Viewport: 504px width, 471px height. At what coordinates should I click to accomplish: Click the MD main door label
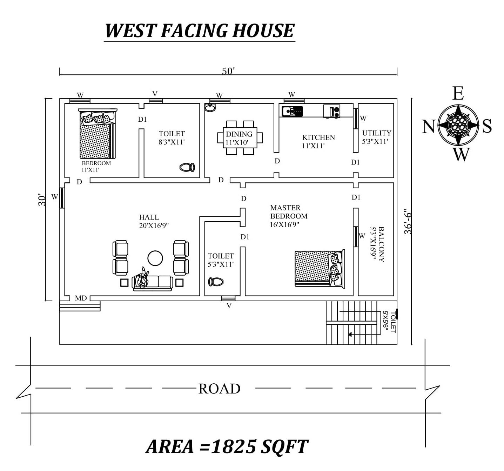[x=81, y=298]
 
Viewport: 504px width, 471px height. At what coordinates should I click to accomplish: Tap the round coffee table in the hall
[x=155, y=258]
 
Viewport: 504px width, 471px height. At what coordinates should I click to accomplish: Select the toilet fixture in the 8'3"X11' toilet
[x=187, y=167]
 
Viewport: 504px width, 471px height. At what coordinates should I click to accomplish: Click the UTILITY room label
[x=377, y=133]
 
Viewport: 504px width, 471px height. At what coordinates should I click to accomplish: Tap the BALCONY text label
[x=382, y=244]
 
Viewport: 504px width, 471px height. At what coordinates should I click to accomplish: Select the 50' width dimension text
[x=228, y=71]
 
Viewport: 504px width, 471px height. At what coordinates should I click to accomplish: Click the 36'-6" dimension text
[x=408, y=221]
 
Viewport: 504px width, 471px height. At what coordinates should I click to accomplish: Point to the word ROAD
[x=220, y=389]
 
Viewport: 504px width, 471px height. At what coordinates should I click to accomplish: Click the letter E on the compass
[x=458, y=93]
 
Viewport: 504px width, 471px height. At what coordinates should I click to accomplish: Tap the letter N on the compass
[x=429, y=127]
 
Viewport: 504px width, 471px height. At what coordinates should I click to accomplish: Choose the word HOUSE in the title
[x=263, y=31]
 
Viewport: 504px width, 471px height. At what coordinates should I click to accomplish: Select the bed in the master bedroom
[x=320, y=269]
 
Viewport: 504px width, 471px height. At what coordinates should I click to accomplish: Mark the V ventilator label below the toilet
[x=229, y=306]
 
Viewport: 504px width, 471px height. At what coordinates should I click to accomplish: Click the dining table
[x=240, y=138]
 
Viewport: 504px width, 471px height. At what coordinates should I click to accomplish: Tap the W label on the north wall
[x=55, y=197]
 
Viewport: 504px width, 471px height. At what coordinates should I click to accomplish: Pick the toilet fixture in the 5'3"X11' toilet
[x=216, y=282]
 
